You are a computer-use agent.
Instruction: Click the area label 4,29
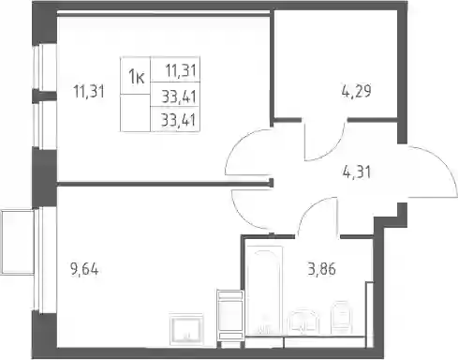click(x=356, y=92)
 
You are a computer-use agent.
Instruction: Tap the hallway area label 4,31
click(x=356, y=172)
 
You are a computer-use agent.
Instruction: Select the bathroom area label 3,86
click(x=321, y=269)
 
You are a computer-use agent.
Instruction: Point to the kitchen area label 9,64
click(x=84, y=269)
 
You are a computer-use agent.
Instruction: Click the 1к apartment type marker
click(x=137, y=77)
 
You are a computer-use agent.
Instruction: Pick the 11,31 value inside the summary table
click(x=181, y=70)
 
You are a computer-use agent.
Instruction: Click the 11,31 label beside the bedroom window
click(x=88, y=92)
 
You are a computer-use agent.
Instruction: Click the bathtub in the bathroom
click(x=264, y=291)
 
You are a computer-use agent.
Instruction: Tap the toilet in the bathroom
click(x=342, y=317)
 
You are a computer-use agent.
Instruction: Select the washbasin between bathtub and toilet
click(x=303, y=322)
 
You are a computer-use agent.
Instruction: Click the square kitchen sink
click(x=186, y=329)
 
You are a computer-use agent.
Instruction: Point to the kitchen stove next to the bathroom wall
click(x=230, y=315)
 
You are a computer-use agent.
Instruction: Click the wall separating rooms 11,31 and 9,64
click(x=164, y=184)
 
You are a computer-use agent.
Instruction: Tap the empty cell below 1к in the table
click(x=136, y=112)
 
